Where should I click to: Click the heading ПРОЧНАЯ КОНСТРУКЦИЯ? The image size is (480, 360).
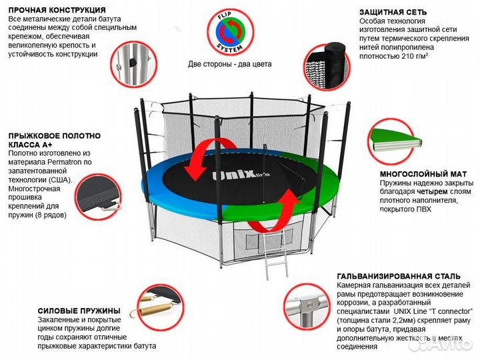click(x=57, y=11)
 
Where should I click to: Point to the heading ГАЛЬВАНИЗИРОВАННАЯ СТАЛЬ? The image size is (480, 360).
click(x=399, y=276)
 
